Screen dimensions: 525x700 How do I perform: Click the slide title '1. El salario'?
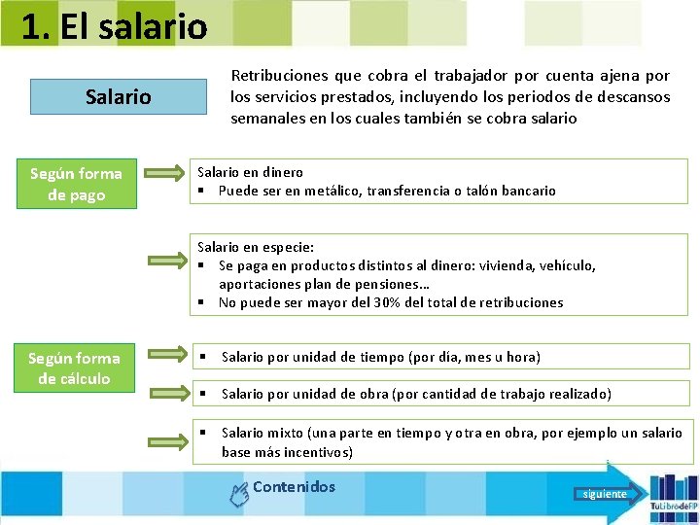[114, 26]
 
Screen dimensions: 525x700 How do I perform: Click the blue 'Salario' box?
[119, 97]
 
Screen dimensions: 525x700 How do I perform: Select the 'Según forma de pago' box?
[77, 184]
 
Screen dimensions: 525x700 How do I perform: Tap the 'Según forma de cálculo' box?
[74, 368]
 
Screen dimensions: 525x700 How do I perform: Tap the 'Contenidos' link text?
[294, 487]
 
